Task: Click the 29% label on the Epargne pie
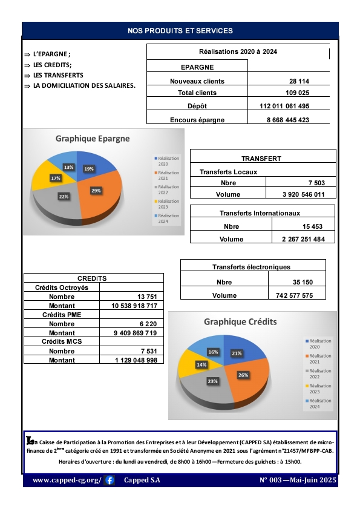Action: (x=96, y=190)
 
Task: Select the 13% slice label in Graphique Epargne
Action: (x=68, y=167)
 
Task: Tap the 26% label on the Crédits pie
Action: (x=243, y=375)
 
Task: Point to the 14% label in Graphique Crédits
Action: (x=201, y=365)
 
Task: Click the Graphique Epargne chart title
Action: (x=93, y=138)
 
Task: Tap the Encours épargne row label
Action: (x=197, y=120)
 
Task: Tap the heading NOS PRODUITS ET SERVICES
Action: (x=180, y=30)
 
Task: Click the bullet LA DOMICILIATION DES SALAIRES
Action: (x=84, y=85)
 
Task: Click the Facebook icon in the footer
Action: (x=110, y=481)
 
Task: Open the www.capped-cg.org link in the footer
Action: (x=67, y=481)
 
